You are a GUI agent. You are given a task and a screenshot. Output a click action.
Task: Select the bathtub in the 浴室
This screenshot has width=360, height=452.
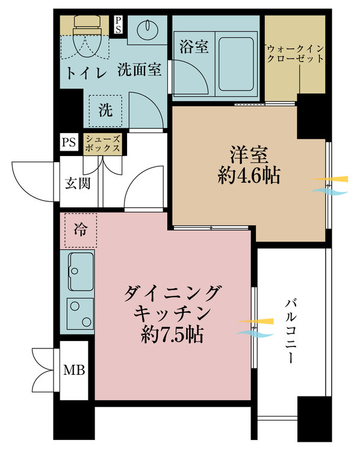pos(236,64)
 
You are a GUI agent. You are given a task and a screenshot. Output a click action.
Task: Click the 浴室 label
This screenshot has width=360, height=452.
pos(194,46)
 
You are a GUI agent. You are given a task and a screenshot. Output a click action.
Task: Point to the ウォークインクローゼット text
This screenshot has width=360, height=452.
pos(295,54)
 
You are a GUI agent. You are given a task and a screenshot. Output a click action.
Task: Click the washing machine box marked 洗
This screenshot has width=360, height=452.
pos(105,111)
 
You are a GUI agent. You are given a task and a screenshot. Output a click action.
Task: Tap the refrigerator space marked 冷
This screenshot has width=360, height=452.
pos(80,230)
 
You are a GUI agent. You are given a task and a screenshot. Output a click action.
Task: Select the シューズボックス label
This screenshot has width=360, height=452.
pos(102,143)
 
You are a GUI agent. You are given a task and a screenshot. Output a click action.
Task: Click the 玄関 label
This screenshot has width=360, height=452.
pos(78,183)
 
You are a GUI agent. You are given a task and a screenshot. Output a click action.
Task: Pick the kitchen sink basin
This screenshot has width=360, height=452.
pos(81,272)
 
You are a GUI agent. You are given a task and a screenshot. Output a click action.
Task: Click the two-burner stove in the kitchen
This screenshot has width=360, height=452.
pos(80,313)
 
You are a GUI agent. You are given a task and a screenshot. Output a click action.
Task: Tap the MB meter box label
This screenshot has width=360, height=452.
pos(74,370)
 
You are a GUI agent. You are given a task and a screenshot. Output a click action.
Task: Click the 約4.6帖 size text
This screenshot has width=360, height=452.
pos(249,176)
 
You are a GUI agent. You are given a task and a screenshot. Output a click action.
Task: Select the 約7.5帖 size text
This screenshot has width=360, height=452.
pos(172,334)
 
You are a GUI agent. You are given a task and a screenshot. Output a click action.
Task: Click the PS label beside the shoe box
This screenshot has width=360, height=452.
pos(69,142)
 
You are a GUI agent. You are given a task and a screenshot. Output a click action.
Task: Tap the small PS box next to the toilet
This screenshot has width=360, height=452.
pos(118,25)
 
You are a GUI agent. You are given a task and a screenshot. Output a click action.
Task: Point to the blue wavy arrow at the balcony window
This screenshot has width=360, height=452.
pos(255,333)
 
